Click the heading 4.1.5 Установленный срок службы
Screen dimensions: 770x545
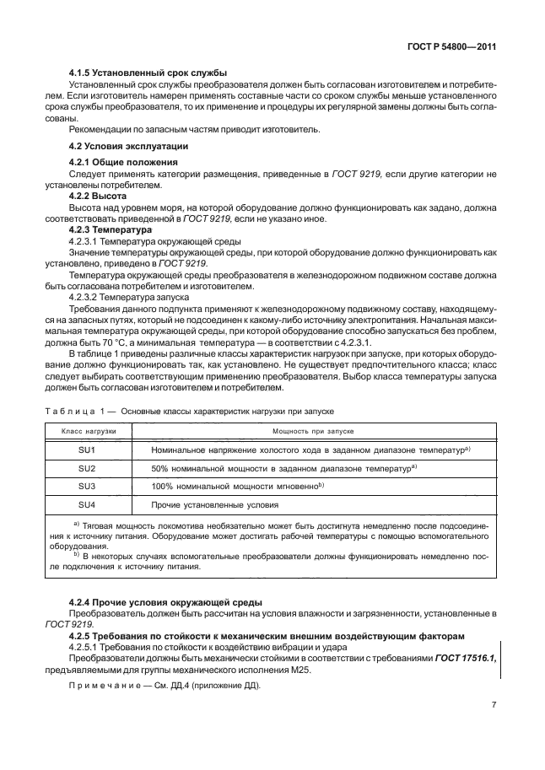pyautogui.click(x=148, y=73)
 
